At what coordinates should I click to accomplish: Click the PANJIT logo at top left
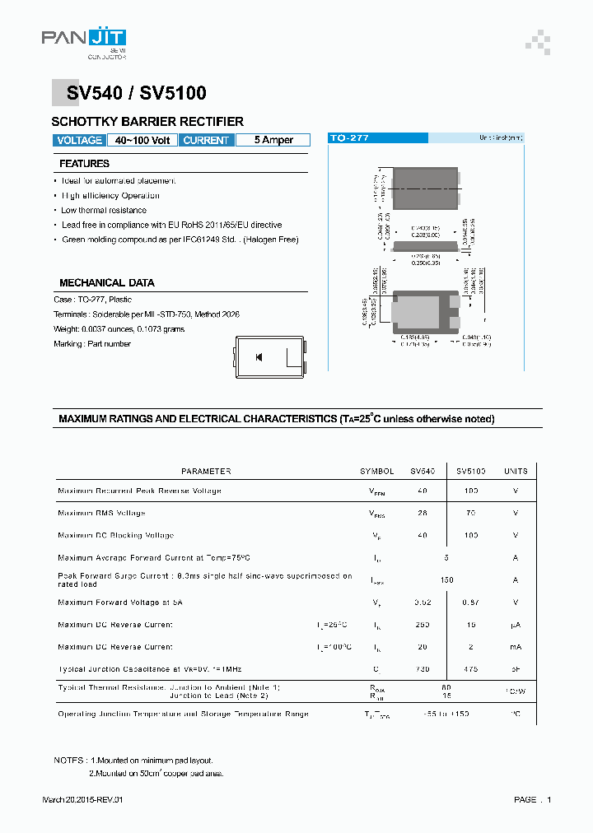(x=83, y=40)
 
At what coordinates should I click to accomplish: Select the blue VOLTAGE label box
(x=80, y=140)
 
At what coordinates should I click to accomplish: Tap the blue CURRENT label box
(x=206, y=140)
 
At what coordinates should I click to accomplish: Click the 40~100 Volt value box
(x=142, y=140)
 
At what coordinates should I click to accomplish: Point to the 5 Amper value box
(x=273, y=140)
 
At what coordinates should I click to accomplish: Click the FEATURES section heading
(x=84, y=164)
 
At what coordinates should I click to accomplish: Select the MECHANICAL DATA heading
(x=106, y=282)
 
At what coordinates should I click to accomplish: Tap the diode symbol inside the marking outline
(x=259, y=356)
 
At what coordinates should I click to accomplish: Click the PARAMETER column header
(x=206, y=472)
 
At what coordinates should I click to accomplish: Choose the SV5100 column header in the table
(x=470, y=472)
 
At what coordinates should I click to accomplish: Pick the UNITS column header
(x=516, y=472)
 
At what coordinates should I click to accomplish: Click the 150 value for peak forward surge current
(x=446, y=579)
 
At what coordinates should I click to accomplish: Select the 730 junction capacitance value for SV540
(x=423, y=669)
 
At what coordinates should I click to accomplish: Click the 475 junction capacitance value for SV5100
(x=470, y=669)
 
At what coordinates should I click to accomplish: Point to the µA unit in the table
(x=516, y=625)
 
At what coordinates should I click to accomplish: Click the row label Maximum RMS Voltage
(x=101, y=513)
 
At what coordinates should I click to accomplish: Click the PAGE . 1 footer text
(x=532, y=800)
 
